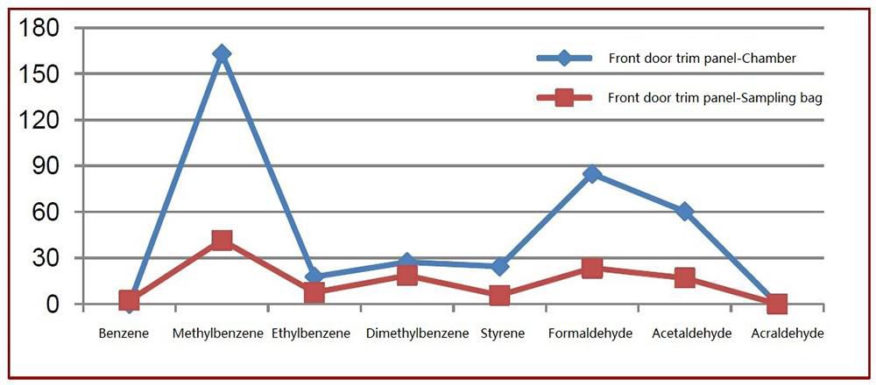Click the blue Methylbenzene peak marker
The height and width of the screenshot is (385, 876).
pos(222,54)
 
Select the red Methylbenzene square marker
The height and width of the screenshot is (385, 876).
pos(222,240)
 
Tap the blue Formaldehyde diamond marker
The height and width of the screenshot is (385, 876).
pos(592,174)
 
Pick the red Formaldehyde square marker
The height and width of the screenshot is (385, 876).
pos(592,268)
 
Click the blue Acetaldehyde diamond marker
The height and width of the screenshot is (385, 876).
pos(684,212)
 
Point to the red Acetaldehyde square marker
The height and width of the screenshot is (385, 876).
pos(684,278)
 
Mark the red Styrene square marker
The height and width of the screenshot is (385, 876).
pos(499,296)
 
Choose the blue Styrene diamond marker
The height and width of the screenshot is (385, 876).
pos(499,266)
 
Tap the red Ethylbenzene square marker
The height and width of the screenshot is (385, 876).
pos(314,293)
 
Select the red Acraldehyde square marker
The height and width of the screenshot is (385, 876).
pos(777,304)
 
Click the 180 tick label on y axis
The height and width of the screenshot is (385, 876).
pos(39,29)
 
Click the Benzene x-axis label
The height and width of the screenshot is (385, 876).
pos(124,333)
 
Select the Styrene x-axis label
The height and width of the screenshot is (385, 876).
pos(503,333)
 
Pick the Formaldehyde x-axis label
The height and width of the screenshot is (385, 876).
pos(590,333)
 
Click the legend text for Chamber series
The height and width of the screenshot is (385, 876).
pos(702,59)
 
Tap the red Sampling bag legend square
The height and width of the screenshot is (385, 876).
pos(564,97)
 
